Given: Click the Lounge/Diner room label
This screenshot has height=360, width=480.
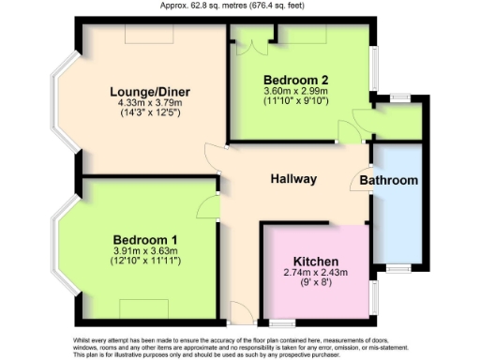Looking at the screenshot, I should point(150,91).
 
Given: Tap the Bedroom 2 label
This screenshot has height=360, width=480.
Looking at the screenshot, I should point(295,79).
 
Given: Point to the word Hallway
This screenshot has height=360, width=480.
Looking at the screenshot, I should point(293,179).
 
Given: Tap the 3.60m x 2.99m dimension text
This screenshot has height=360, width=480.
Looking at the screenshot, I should point(295,90).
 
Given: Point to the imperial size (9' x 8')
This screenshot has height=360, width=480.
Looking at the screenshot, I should point(316,282).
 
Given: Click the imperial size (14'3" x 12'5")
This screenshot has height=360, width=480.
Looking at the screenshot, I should point(150,112).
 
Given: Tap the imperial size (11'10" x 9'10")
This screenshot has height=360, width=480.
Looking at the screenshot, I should point(295,100).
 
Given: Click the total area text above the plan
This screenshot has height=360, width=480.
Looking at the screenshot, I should point(239,5).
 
